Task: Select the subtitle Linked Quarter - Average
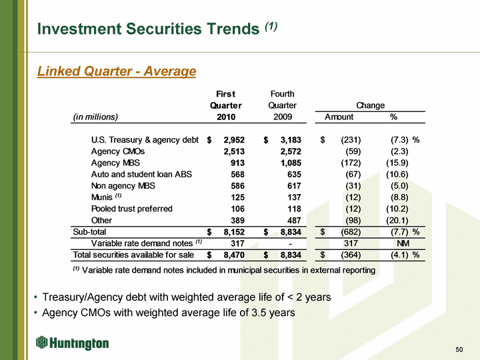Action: [x=117, y=71]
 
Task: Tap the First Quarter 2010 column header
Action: [x=225, y=105]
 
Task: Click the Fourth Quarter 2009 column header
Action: [x=282, y=105]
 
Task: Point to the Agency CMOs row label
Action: [x=117, y=151]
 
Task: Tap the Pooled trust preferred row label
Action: [x=131, y=209]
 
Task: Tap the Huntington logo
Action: [x=73, y=343]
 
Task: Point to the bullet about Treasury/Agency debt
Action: [x=186, y=297]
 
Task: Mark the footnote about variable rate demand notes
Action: [x=223, y=270]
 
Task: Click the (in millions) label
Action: [x=95, y=117]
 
